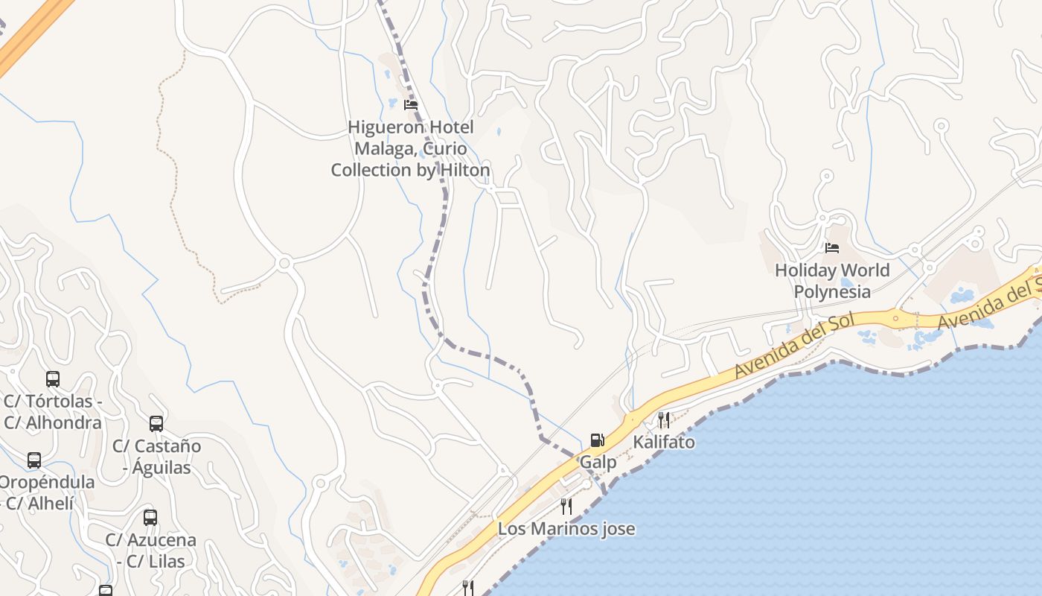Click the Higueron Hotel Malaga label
click(x=410, y=148)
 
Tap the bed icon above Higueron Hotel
click(x=410, y=105)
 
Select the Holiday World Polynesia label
click(x=832, y=280)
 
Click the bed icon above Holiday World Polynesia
click(x=832, y=247)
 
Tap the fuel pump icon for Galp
click(x=597, y=440)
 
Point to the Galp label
click(x=598, y=462)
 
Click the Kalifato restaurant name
click(x=664, y=442)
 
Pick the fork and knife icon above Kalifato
click(x=664, y=419)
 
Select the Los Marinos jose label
click(x=566, y=529)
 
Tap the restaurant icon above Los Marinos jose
click(x=566, y=507)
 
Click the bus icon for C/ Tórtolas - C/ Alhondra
click(x=53, y=378)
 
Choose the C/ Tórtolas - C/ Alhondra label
click(x=53, y=412)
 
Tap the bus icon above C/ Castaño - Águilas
click(x=156, y=424)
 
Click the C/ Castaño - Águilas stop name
click(x=157, y=457)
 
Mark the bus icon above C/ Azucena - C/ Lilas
click(x=150, y=517)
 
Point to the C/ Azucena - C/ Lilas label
click(x=150, y=550)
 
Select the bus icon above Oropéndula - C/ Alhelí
click(x=34, y=460)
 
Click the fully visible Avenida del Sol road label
click(x=792, y=344)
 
